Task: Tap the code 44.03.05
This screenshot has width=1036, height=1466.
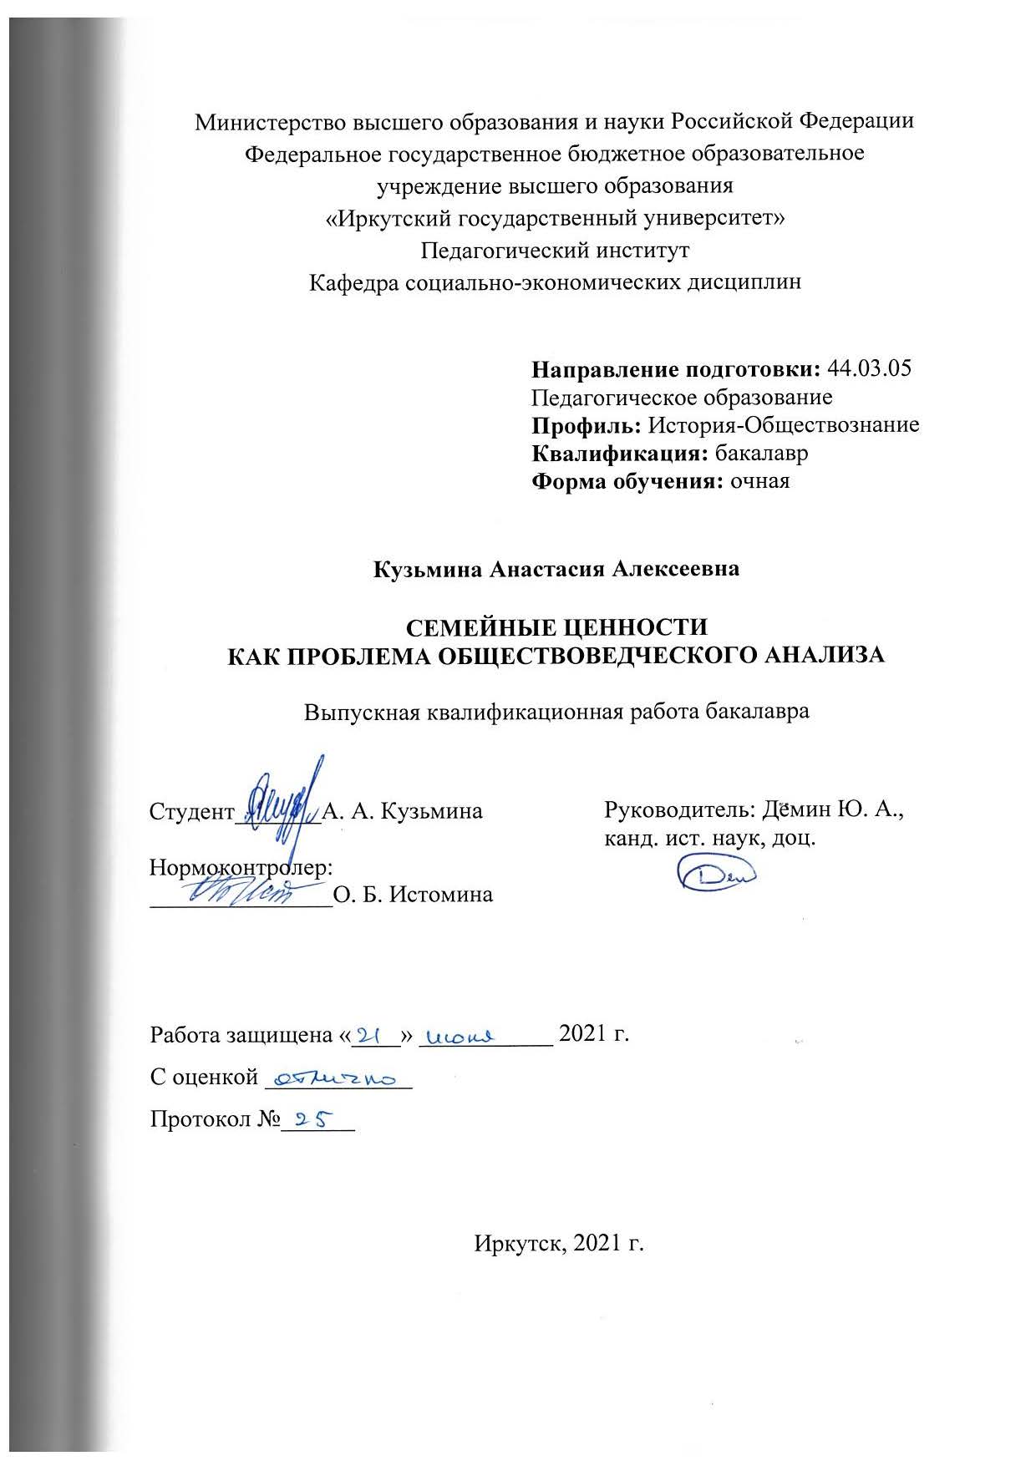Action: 868,368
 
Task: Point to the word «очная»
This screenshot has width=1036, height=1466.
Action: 759,482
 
